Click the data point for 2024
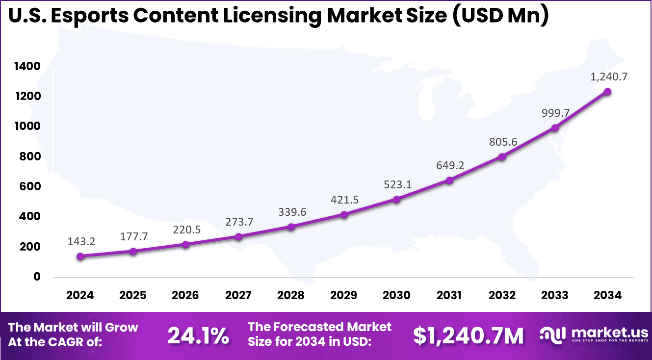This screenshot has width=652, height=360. coord(80,256)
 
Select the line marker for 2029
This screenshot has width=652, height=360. coord(344,214)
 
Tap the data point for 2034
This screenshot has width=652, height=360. coord(607,92)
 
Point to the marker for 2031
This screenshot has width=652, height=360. coord(449,180)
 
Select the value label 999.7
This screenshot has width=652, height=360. coord(556,113)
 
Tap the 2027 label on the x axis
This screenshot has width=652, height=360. coord(238,295)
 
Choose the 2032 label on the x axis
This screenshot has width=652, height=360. coord(502,295)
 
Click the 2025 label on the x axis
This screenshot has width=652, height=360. coord(133,295)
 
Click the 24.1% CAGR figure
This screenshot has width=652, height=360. coord(198,335)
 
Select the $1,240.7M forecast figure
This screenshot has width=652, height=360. coord(468,335)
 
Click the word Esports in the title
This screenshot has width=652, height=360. coord(87,15)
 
